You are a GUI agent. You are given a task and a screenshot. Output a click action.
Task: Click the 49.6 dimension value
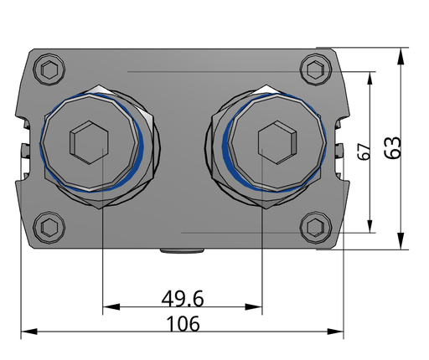point(183,298)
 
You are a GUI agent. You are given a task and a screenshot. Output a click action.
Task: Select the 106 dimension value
point(183,324)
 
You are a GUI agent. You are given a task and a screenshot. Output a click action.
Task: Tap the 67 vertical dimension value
point(364,152)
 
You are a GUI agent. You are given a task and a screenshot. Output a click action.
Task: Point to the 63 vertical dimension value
point(393,148)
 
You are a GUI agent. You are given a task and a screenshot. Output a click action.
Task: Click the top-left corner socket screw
point(49,69)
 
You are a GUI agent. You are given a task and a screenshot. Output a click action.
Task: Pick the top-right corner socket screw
point(316,69)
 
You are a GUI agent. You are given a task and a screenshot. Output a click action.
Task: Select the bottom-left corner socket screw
point(49,228)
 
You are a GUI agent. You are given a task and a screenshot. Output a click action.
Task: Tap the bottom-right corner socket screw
point(316,228)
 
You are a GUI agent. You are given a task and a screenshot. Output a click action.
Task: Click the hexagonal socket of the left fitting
point(89,142)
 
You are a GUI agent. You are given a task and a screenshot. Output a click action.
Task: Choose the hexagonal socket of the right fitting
point(277,142)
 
